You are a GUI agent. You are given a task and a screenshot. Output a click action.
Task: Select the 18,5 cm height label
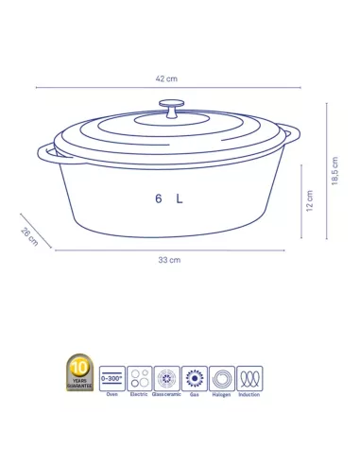coord(335,171)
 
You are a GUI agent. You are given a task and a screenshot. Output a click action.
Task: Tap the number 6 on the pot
coord(159,198)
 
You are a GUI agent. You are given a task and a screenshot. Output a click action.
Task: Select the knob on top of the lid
coord(172,107)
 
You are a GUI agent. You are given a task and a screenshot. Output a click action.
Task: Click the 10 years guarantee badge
coord(80,373)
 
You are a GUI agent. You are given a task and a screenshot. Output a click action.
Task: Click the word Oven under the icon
coord(112,396)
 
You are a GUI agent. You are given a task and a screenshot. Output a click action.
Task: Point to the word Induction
coord(250,396)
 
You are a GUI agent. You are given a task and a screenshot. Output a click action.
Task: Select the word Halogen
coord(223,396)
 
